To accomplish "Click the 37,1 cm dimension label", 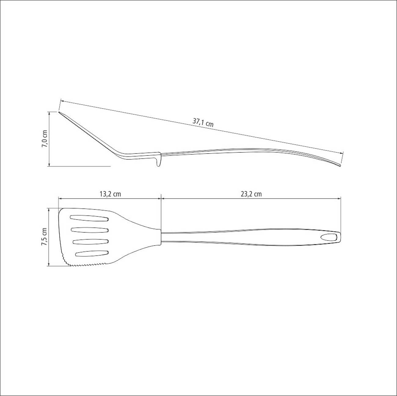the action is (203, 123).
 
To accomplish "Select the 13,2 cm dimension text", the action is (110, 194).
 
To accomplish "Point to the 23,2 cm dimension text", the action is (251, 194).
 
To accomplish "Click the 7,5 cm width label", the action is (45, 237).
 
